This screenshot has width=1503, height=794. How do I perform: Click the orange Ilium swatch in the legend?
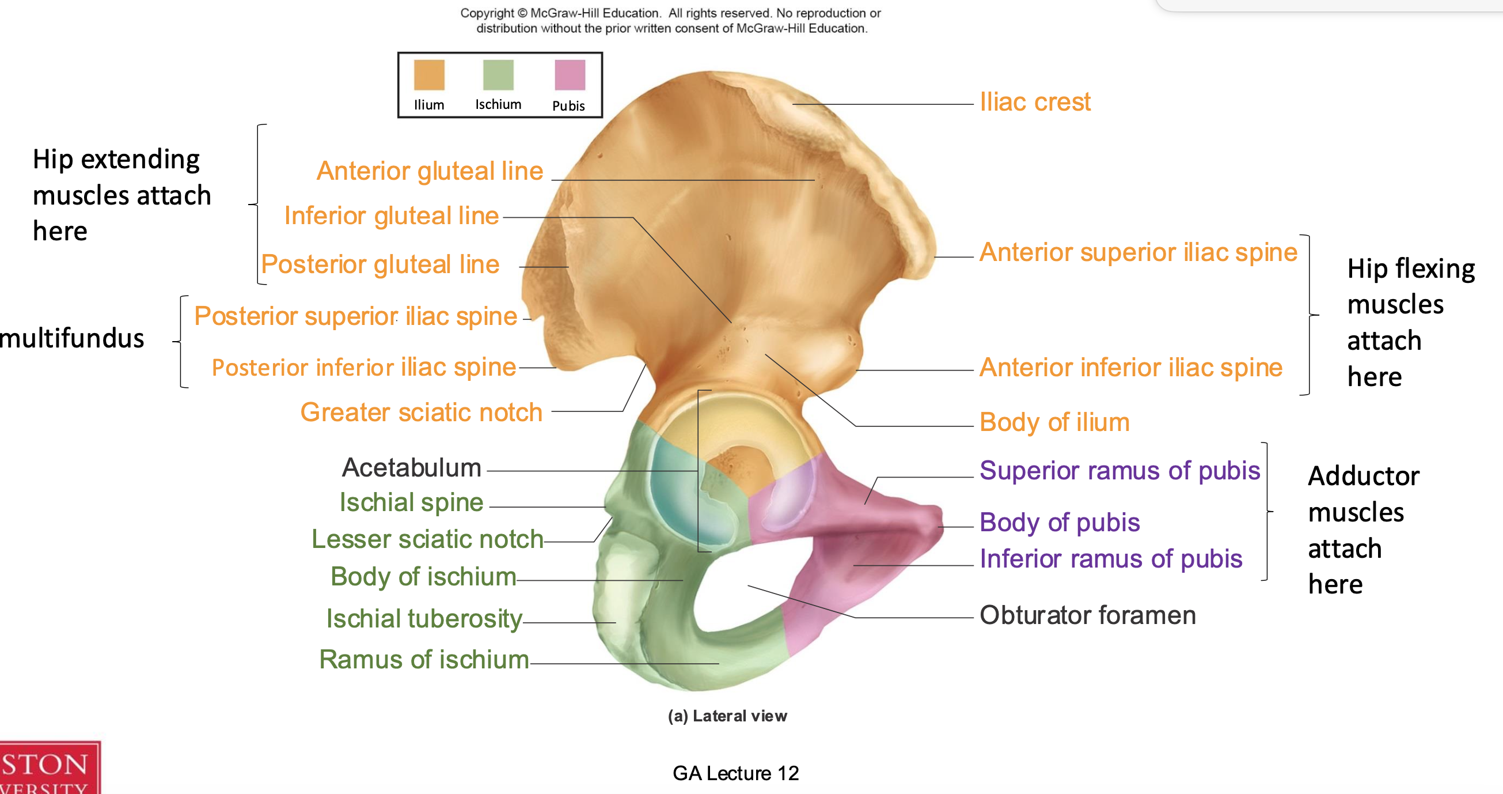429,75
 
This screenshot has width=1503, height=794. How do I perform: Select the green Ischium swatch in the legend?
498,75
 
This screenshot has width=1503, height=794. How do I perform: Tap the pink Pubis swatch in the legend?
570,75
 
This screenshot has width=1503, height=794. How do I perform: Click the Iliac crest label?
1034,102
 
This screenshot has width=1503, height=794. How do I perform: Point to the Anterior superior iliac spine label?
1138,252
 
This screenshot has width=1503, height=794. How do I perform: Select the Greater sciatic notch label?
422,412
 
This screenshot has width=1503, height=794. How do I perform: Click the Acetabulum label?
411,468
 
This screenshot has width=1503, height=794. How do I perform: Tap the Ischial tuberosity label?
424,618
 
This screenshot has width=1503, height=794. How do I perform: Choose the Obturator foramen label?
1088,615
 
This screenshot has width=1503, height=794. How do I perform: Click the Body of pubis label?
1059,522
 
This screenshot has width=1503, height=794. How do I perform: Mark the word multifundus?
72,339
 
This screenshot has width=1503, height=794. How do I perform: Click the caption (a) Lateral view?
727,716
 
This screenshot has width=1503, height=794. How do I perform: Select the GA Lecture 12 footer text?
735,773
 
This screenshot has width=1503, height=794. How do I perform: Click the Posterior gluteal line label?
380,264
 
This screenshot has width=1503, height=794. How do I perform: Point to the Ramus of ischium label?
424,659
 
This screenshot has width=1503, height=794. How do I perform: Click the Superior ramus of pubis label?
1119,471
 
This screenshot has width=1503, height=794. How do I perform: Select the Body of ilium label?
1054,422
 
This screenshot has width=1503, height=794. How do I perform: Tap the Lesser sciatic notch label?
427,539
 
